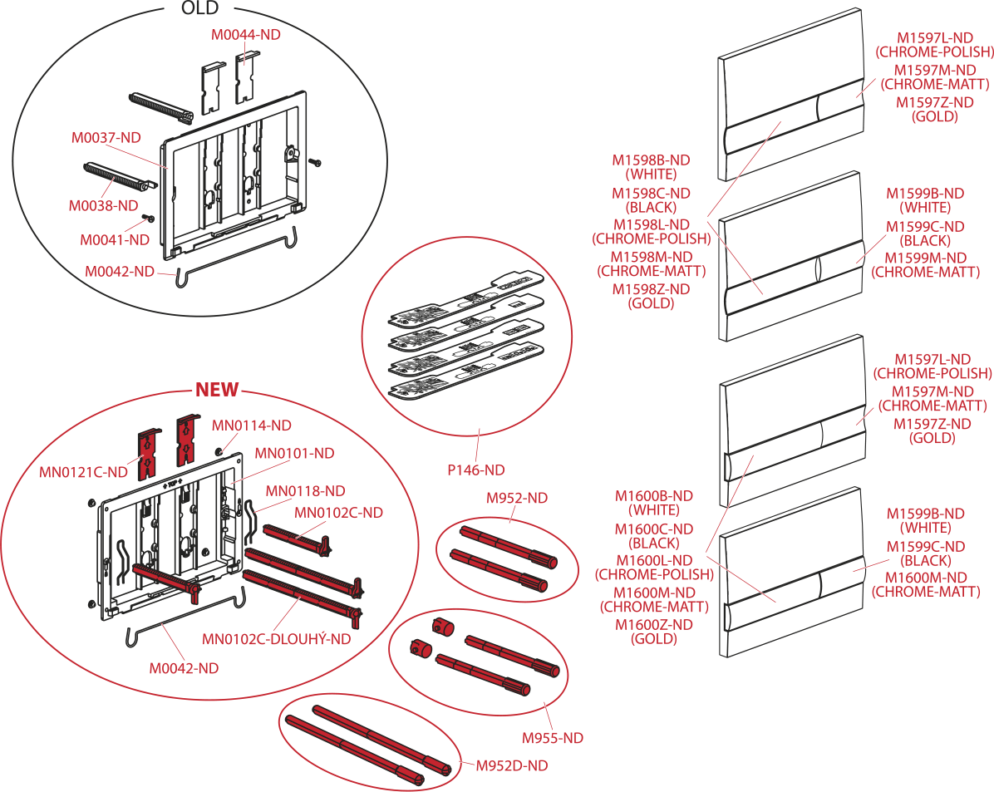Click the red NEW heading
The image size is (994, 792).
tap(216, 389)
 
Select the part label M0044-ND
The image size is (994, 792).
tap(245, 35)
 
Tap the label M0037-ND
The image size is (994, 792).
tap(106, 137)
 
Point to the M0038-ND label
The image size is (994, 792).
tap(104, 204)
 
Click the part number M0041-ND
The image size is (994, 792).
tap(115, 240)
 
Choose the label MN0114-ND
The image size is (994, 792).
tap(252, 426)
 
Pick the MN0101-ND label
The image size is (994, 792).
tap(294, 453)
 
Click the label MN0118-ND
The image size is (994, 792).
tap(305, 491)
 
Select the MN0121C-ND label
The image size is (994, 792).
tap(83, 472)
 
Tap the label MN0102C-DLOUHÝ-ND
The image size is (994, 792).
tap(276, 639)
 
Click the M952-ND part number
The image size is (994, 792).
tap(517, 499)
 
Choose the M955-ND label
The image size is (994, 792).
tap(553, 737)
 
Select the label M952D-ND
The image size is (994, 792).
tap(512, 766)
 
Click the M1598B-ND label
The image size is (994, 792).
tap(651, 160)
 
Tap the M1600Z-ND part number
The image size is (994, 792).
tap(653, 625)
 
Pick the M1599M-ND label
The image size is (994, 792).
tap(925, 258)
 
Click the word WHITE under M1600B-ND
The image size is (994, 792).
tap(653, 510)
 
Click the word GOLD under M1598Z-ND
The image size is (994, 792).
tap(651, 303)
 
